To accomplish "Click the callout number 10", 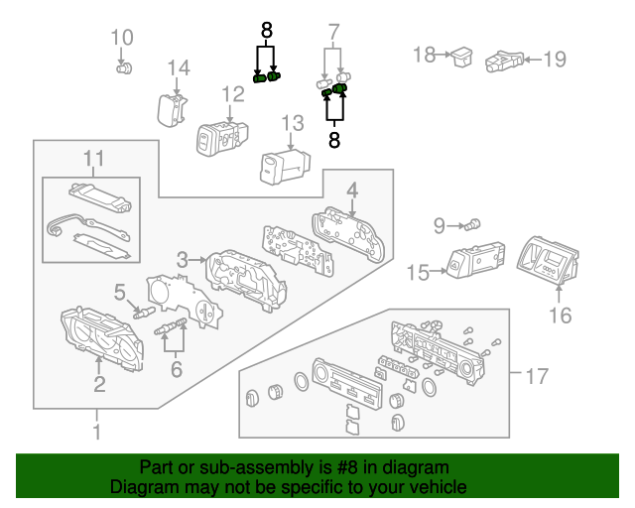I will (121, 39).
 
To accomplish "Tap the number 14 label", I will (178, 67).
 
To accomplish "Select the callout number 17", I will (536, 377).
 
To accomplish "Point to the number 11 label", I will (93, 158).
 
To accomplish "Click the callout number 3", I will (183, 260).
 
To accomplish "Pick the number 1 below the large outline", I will (96, 432).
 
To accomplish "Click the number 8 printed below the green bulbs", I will (334, 141).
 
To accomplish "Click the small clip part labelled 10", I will (125, 67).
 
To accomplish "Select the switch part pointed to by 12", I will (220, 135).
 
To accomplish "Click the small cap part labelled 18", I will (461, 56).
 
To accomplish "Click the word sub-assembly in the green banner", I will (238, 467).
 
